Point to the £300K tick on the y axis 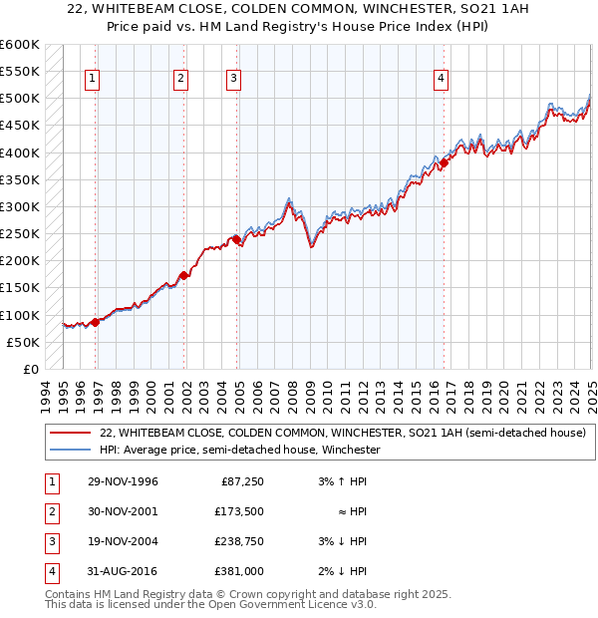20,206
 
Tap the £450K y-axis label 20,126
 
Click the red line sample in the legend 70,433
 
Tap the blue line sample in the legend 70,450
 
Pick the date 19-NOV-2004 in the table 124,541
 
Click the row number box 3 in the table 49,541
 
